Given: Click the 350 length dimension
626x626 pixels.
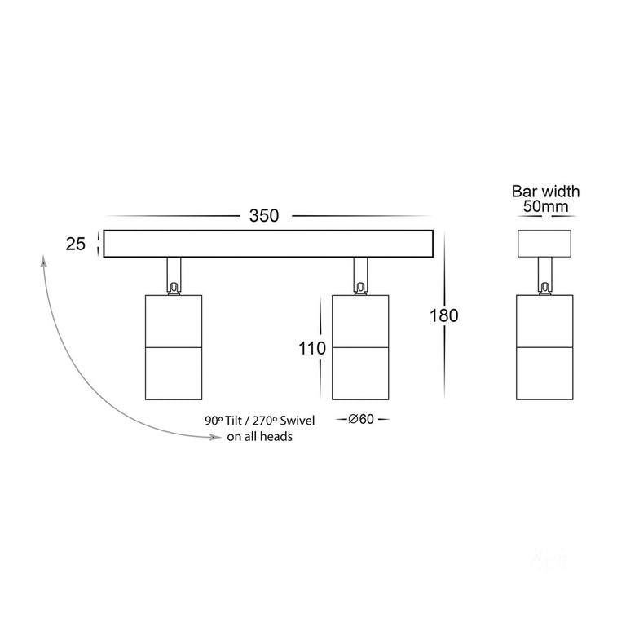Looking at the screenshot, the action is [264, 215].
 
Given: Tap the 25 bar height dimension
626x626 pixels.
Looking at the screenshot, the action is [76, 244].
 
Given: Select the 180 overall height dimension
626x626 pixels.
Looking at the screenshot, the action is [444, 315].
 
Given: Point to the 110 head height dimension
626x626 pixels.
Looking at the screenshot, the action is [312, 348].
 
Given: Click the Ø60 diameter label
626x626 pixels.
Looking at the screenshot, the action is [361, 419].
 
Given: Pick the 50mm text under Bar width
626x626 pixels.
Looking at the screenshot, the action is [546, 206].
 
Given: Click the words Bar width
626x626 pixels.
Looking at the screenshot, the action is [546, 192].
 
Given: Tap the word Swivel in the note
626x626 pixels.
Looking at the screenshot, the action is [297, 421].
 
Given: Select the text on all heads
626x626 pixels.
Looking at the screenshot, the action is [259, 436].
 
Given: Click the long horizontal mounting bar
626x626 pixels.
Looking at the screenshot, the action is [268, 244].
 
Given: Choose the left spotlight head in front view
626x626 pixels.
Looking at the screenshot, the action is [174, 347].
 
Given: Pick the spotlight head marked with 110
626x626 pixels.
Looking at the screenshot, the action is [360, 347].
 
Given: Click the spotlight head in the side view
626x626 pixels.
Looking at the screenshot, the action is [544, 347].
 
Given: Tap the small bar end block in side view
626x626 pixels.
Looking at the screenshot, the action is [544, 244].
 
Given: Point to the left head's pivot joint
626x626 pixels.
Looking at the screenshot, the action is [174, 289].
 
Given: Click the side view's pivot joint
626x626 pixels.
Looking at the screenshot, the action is [544, 289].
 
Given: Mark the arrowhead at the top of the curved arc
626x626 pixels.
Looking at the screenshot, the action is [43, 261].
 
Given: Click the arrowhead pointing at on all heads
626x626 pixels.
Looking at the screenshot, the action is [216, 438].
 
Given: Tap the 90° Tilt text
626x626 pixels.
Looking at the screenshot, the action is [223, 421].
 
